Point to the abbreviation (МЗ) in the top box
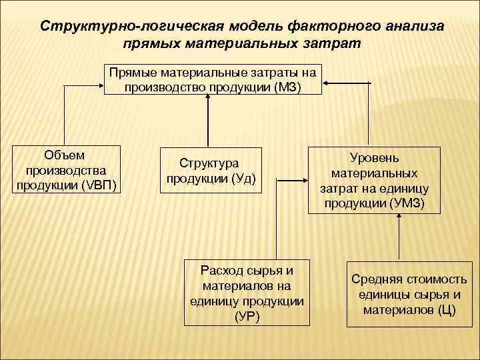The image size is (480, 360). [x=287, y=87]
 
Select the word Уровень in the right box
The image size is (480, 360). [x=374, y=158]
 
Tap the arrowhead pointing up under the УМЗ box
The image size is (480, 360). [x=398, y=217]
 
